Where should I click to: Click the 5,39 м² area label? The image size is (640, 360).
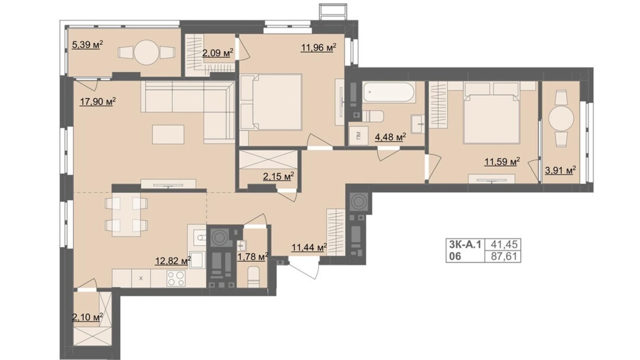point(87,45)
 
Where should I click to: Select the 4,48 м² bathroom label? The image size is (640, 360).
point(390,137)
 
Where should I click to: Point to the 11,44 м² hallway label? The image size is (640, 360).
point(309,247)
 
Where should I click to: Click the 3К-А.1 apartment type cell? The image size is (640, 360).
point(465,244)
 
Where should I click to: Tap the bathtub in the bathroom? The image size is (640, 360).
point(388,92)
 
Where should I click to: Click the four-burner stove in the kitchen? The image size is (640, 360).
point(176,278)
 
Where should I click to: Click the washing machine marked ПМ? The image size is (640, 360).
point(357,136)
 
